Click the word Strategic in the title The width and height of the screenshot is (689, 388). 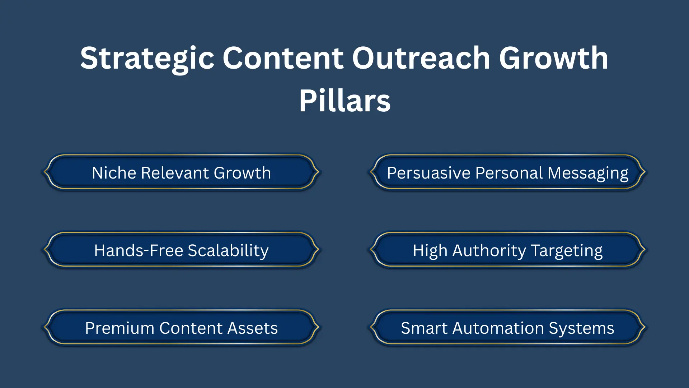[147, 59]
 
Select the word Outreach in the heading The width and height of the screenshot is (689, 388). [421, 59]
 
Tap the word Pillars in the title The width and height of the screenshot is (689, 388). [344, 101]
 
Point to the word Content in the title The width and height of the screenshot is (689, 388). [283, 59]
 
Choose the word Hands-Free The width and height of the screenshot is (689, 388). [139, 251]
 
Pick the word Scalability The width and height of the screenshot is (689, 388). [228, 251]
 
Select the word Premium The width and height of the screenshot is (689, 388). [119, 328]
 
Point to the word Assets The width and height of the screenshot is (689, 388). [253, 328]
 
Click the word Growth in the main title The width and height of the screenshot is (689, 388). [553, 59]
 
